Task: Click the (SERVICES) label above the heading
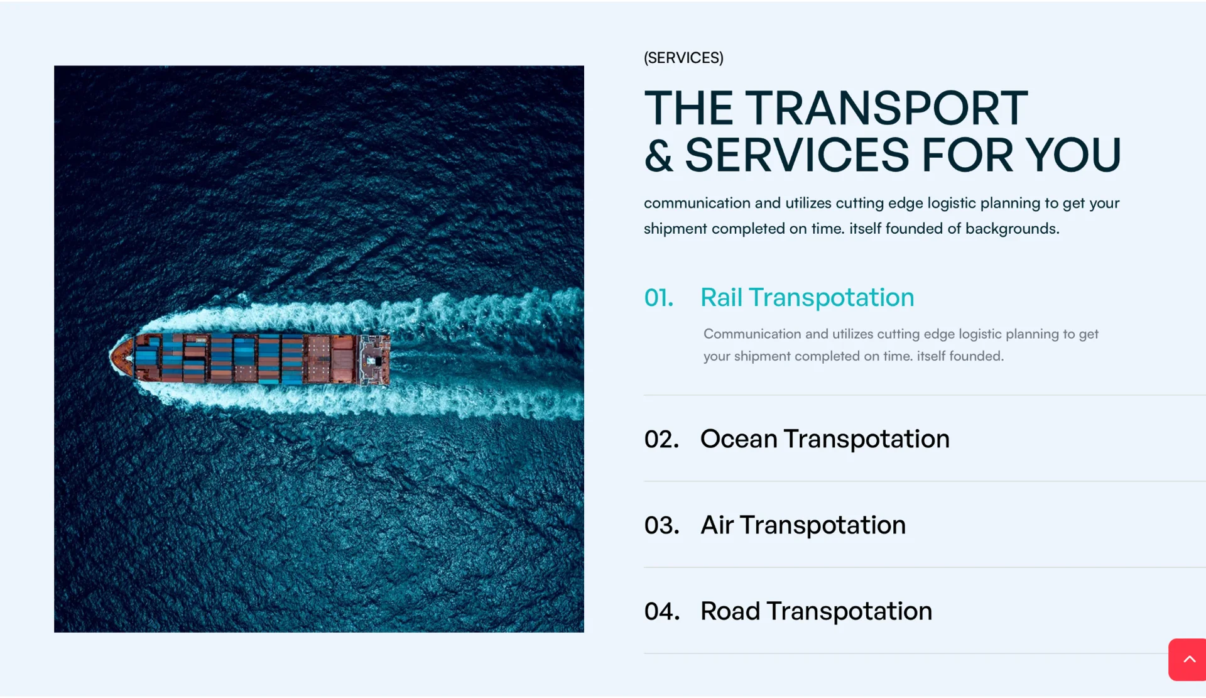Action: (x=683, y=58)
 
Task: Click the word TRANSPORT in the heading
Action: (x=886, y=108)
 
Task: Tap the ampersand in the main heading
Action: (x=658, y=155)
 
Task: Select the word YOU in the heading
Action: (x=1073, y=155)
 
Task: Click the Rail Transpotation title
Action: (x=807, y=297)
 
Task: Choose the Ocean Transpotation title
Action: (x=825, y=439)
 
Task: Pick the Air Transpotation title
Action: (x=803, y=525)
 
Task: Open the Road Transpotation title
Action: (x=816, y=611)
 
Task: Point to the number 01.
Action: (x=658, y=298)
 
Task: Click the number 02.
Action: (x=661, y=439)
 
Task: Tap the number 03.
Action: (x=661, y=525)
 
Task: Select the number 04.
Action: (x=662, y=611)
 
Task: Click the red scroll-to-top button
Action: (x=1187, y=660)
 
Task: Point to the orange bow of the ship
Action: (x=122, y=357)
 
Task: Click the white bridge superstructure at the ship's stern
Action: (x=374, y=359)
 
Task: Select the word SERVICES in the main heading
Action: (x=796, y=155)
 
